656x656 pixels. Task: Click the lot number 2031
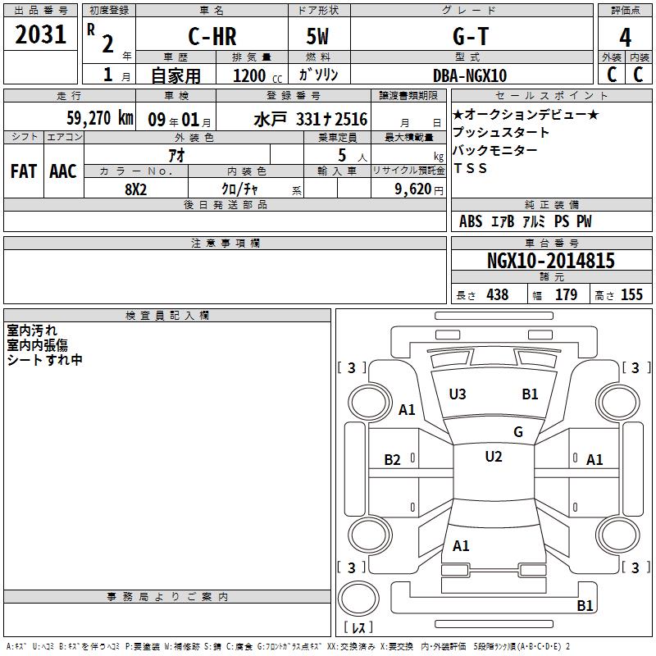[40, 34]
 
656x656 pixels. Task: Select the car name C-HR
[212, 36]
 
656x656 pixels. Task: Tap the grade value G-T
[471, 36]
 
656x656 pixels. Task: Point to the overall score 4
[625, 38]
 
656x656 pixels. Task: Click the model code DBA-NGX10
[470, 75]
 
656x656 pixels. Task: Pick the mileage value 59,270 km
[100, 118]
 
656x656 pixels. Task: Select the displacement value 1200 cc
[257, 76]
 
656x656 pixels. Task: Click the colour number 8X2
[136, 189]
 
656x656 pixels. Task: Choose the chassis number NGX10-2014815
[551, 261]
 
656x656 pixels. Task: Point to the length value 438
[498, 294]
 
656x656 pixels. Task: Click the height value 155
[631, 294]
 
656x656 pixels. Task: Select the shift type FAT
[24, 171]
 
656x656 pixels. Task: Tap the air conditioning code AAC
[63, 171]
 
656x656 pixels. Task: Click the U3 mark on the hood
[458, 394]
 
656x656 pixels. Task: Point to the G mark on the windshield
[518, 432]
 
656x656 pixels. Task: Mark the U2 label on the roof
[494, 457]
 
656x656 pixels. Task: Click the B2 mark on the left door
[393, 460]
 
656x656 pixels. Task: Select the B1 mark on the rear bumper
[585, 605]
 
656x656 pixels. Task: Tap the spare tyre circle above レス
[358, 599]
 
